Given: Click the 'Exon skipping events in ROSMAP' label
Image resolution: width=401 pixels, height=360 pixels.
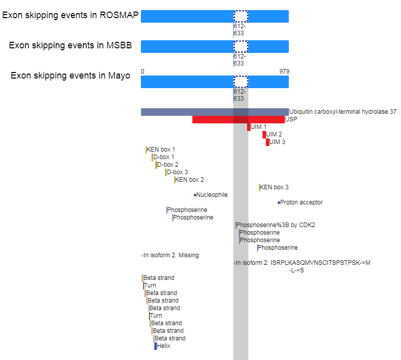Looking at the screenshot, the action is pos(70,15).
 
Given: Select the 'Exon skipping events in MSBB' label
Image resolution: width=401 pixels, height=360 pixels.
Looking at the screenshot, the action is pos(70,45).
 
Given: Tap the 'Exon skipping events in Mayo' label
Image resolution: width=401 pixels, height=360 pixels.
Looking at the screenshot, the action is pos(70,76).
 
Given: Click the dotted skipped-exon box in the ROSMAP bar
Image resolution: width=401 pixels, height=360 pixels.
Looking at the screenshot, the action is pos(240,17).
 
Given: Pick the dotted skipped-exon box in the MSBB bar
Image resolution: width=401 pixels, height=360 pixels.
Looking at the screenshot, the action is pos(240,46).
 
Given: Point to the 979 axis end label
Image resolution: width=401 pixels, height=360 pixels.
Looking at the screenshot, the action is pos(284,71).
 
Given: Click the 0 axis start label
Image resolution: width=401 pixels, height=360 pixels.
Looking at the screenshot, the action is pos(142,71).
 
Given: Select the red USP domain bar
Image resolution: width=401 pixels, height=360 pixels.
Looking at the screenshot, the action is pos(238,119).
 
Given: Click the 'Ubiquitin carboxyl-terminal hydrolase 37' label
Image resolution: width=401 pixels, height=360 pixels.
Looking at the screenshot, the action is pos(343,112).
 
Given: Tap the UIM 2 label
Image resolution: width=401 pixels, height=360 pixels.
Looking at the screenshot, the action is pos(274,134).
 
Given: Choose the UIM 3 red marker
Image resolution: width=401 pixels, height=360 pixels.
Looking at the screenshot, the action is pos(268,142).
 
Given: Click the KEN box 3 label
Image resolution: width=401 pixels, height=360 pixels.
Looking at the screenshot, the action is pos(274,187).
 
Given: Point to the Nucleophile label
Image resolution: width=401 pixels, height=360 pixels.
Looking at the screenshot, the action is pos(212,195).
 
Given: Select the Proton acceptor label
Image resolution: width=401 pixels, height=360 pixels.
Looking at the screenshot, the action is pos(301,202).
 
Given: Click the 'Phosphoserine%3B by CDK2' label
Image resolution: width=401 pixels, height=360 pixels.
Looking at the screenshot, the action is pos(275,225).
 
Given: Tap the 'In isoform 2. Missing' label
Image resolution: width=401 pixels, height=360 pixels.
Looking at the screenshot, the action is pos(171,255).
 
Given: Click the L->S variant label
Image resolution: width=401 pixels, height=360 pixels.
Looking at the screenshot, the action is pos(298,270).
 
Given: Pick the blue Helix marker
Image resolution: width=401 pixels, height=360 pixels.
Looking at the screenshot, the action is pos(155,346).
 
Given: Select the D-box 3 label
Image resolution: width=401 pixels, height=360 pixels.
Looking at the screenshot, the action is pos(177,172).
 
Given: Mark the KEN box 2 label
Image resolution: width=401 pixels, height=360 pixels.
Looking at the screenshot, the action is pos(190,180).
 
